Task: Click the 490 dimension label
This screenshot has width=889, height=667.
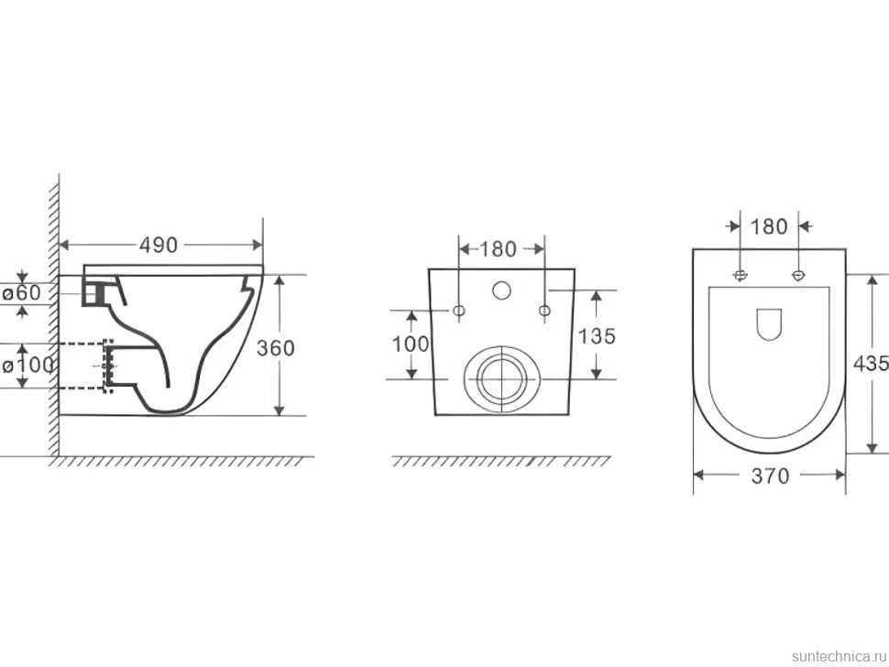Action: coord(159,245)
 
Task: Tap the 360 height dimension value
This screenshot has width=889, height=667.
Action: coord(276,347)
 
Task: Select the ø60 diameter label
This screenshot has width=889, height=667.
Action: coord(22,292)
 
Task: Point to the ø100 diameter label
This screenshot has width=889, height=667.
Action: coord(27,365)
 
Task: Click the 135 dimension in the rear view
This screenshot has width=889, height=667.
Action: coord(597,336)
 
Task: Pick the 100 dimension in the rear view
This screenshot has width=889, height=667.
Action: coord(411,344)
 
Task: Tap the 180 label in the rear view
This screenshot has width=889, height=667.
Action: coord(498,249)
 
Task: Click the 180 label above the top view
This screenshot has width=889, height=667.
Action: coord(769,226)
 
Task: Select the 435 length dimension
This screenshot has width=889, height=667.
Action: coord(872,363)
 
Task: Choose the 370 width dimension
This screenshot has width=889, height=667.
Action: coord(770,476)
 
